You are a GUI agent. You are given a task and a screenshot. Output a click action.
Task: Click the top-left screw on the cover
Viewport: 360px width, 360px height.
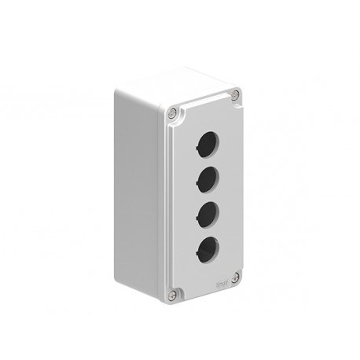pyautogui.click(x=172, y=112)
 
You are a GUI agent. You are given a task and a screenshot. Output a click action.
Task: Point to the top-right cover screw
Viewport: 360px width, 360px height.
pyautogui.click(x=235, y=96)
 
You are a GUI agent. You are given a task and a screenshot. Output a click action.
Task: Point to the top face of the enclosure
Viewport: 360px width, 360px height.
pyautogui.click(x=177, y=85)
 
